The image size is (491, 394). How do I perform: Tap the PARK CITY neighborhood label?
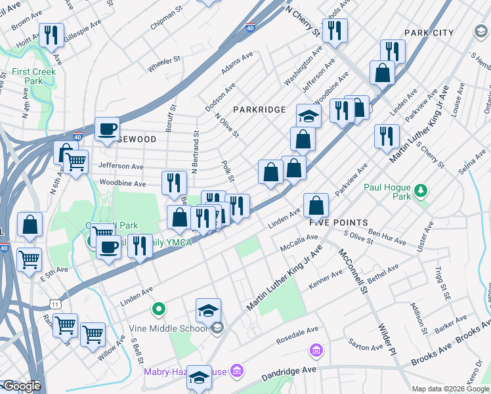pos(429,32)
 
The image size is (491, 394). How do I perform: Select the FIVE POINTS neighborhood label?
pos(338,223)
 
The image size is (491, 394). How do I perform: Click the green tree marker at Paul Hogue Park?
pos(420,191)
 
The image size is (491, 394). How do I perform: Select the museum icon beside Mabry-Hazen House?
pos(238,372)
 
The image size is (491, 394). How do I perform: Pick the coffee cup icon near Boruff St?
pos(107,129)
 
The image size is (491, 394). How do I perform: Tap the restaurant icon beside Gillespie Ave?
pos(51,34)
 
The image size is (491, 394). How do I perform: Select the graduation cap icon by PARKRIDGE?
pos(308,116)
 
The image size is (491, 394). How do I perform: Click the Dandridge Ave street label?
pos(289,374)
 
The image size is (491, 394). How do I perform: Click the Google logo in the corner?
pos(22,386)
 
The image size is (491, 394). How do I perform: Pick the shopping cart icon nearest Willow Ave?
pos(93,334)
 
